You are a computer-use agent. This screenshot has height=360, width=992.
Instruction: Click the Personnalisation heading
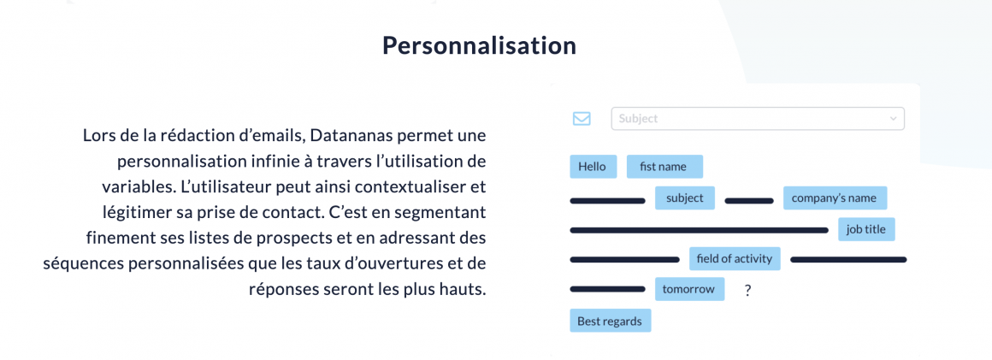coord(479,45)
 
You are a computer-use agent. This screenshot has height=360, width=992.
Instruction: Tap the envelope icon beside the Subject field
coord(582,118)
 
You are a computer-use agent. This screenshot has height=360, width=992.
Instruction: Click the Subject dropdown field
coord(758,118)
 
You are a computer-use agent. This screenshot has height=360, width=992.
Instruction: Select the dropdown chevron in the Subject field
coord(894,118)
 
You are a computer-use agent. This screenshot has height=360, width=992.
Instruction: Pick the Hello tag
coord(593,167)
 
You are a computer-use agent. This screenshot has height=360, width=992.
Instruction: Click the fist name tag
coord(665,167)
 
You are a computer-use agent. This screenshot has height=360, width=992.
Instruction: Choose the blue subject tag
coord(684,198)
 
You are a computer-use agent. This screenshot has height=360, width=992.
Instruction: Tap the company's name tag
coord(835,198)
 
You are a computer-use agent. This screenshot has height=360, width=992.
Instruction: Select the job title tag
coord(866,229)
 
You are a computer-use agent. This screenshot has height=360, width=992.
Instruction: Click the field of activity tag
coord(735,258)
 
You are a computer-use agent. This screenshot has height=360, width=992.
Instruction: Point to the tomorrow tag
coord(689,289)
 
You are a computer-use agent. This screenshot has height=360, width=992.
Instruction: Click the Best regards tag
coord(610,321)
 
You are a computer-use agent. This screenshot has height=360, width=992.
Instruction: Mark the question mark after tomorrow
coord(747,291)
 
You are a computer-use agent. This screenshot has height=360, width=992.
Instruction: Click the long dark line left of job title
coord(699,230)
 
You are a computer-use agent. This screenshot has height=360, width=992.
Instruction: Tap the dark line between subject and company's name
coord(749,201)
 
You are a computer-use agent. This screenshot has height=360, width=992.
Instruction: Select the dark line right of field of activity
coord(848,259)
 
